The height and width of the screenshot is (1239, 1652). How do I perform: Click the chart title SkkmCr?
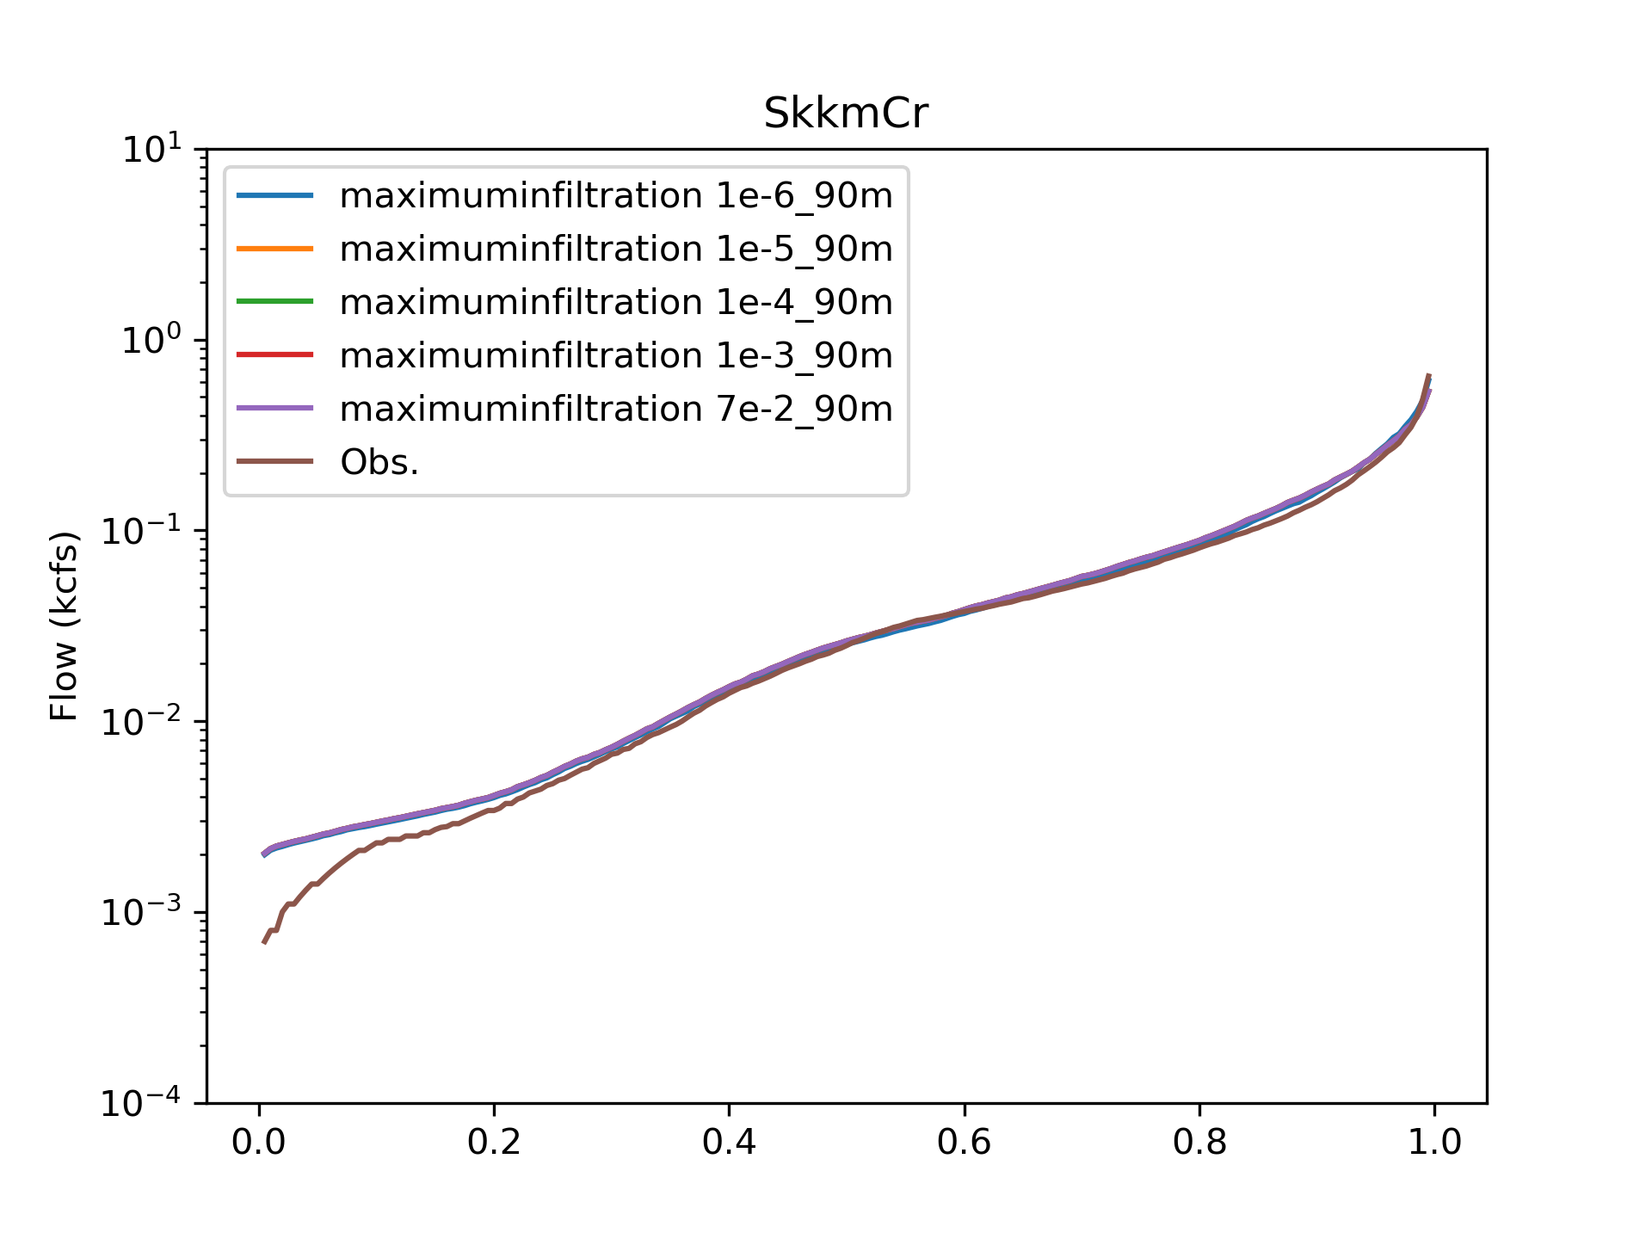pyautogui.click(x=846, y=114)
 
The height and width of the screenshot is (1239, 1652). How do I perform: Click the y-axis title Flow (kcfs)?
pyautogui.click(x=65, y=626)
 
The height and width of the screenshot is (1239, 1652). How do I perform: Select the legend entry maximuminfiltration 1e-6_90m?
pyautogui.click(x=616, y=196)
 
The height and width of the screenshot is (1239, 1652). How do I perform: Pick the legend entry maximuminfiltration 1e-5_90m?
pyautogui.click(x=616, y=250)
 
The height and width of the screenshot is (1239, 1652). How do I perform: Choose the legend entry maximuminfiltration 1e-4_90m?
pyautogui.click(x=616, y=303)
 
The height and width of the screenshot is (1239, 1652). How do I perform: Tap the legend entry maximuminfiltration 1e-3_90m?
pyautogui.click(x=616, y=355)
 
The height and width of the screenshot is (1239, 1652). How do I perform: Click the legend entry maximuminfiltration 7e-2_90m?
pyautogui.click(x=616, y=409)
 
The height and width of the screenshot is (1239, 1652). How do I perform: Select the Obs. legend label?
pyautogui.click(x=379, y=463)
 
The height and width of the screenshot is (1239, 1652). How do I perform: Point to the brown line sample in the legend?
pyautogui.click(x=274, y=462)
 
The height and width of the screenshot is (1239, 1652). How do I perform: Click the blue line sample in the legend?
pyautogui.click(x=274, y=196)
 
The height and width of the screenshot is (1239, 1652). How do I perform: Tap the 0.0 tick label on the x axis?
pyautogui.click(x=259, y=1143)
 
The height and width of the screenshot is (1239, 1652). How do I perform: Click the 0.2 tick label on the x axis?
pyautogui.click(x=494, y=1143)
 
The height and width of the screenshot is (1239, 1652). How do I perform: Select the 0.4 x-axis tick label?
pyautogui.click(x=729, y=1143)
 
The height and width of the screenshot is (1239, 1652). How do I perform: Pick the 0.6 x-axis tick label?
pyautogui.click(x=965, y=1143)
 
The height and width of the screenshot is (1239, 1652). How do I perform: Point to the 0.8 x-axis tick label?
pyautogui.click(x=1199, y=1143)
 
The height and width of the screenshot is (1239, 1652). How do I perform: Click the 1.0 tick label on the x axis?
pyautogui.click(x=1434, y=1143)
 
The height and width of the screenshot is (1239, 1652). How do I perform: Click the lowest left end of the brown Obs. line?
pyautogui.click(x=264, y=943)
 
